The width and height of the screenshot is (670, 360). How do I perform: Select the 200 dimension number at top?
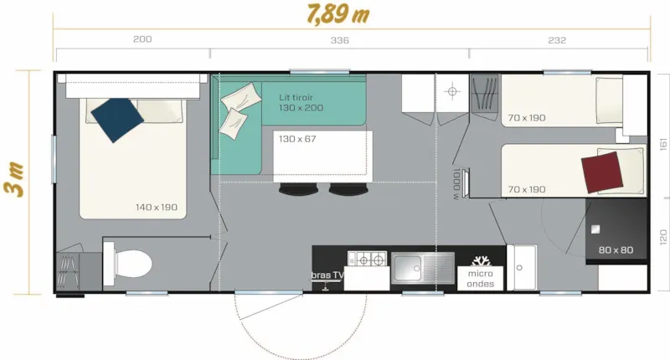click(142, 40)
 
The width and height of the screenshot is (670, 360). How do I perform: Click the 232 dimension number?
click(558, 40)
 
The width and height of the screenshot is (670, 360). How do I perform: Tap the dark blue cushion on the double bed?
click(115, 119)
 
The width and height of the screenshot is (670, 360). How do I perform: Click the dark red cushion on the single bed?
click(601, 172)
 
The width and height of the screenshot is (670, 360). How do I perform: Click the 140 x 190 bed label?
click(157, 207)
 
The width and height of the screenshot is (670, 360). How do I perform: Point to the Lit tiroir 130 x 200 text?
click(301, 103)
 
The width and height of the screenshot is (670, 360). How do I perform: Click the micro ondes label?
click(481, 279)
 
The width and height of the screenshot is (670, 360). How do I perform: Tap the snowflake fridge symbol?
click(482, 258)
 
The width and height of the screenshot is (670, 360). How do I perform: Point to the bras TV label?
click(327, 275)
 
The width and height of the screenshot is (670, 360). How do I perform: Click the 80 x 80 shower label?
click(616, 249)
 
